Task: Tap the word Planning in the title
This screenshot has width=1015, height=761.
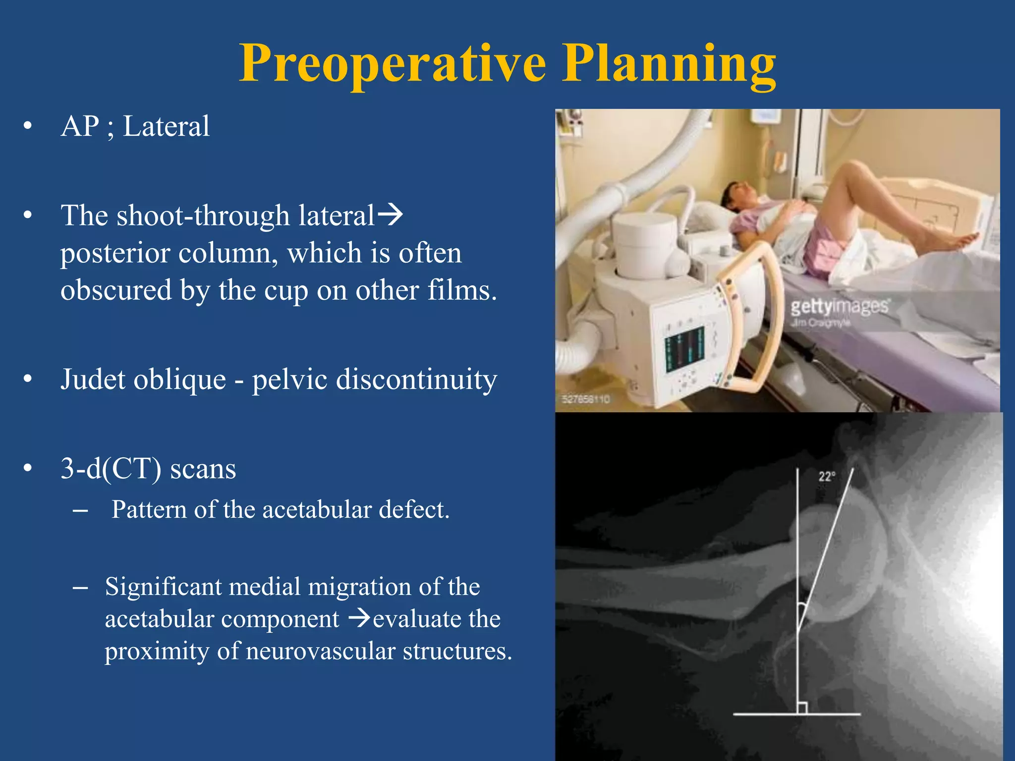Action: (669, 64)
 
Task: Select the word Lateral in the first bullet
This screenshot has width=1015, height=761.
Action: (166, 126)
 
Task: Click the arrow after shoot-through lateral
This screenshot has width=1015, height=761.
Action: (390, 216)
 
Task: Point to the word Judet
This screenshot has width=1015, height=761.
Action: (94, 380)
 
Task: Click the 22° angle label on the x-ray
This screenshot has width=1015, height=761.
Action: (827, 477)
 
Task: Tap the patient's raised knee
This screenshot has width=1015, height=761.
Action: (856, 171)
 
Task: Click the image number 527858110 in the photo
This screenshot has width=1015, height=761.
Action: (586, 399)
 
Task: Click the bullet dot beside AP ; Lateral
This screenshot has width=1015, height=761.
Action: (28, 126)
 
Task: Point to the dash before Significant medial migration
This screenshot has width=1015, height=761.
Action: (80, 588)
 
